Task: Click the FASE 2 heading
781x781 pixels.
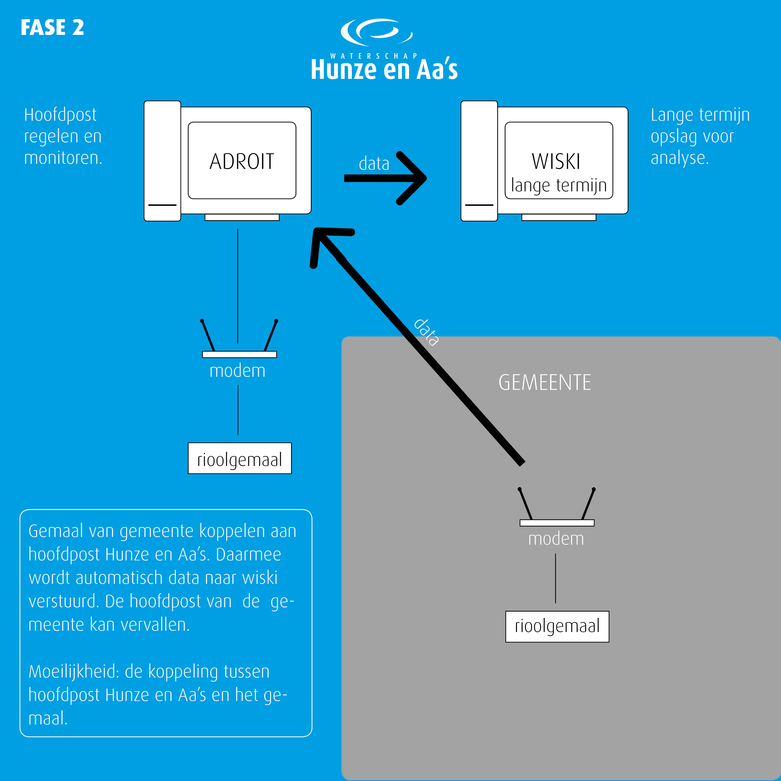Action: click(52, 28)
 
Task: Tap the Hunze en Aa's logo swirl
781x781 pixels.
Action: click(376, 32)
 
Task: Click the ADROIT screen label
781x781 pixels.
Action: click(242, 161)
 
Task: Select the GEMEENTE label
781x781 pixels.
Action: click(544, 382)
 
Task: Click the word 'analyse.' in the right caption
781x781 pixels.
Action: click(680, 158)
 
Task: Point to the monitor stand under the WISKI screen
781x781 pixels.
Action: click(559, 217)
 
